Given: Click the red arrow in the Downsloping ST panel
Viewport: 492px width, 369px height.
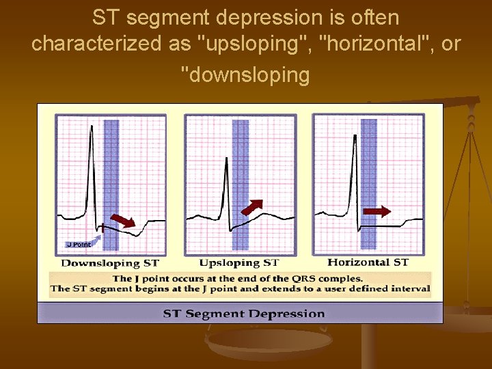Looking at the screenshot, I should pyautogui.click(x=123, y=220).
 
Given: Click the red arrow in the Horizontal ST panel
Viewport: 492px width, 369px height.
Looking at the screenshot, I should pyautogui.click(x=377, y=212).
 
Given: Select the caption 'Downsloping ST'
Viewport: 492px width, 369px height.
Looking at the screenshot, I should pyautogui.click(x=110, y=263).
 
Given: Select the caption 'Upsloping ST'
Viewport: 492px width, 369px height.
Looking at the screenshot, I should pyautogui.click(x=239, y=263).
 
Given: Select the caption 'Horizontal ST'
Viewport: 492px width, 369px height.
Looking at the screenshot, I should pyautogui.click(x=368, y=262).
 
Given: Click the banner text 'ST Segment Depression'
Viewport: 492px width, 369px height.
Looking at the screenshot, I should pyautogui.click(x=243, y=314).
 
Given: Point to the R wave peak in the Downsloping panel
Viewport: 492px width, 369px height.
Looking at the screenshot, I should pyautogui.click(x=91, y=128).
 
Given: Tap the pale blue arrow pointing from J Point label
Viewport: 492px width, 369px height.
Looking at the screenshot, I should pyautogui.click(x=96, y=238).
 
